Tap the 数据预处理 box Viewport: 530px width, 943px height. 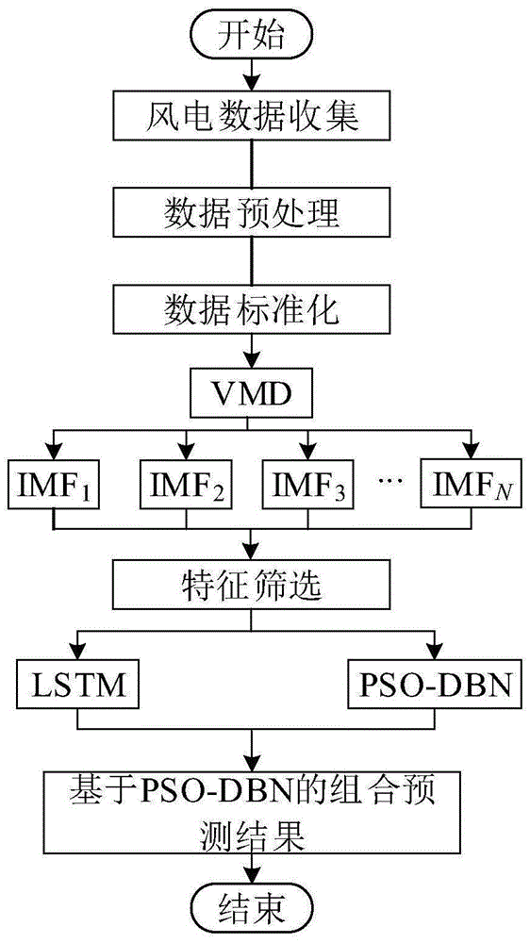[x=252, y=214]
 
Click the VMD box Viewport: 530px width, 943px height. [x=250, y=396]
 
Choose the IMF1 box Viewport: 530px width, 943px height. [x=55, y=483]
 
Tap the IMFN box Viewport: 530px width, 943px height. [x=468, y=483]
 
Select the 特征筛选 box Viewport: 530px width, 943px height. [x=252, y=584]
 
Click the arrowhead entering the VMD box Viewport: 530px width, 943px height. [x=251, y=366]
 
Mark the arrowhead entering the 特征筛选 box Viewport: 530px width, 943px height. [x=251, y=553]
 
